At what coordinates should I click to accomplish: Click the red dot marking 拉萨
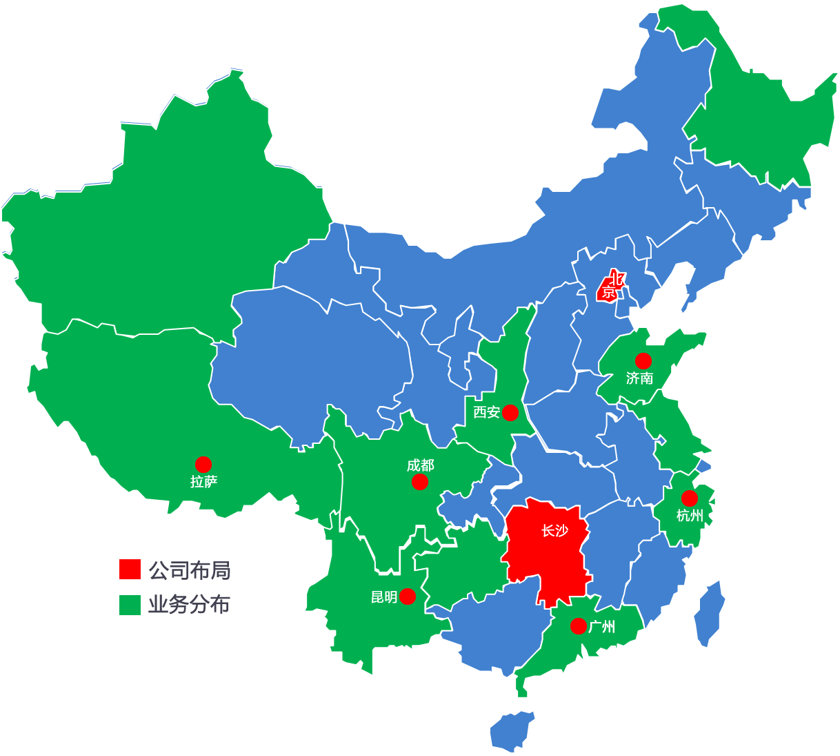203,464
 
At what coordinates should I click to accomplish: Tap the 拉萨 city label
203,482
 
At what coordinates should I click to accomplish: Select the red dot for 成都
419,482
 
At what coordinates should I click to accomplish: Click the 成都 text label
420,465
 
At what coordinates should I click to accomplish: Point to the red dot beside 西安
510,413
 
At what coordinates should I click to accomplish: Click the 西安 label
486,412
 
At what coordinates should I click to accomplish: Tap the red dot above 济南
643,360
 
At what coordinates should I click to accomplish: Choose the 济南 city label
639,378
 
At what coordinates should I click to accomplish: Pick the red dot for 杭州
689,498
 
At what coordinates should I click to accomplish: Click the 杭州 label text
689,516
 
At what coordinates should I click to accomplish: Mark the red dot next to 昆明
408,596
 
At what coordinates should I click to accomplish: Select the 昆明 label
384,597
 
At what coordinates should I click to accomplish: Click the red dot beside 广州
578,626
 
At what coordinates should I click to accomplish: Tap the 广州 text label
602,627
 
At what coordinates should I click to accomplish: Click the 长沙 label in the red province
554,530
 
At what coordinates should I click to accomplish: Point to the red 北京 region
609,287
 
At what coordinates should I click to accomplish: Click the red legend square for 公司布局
130,570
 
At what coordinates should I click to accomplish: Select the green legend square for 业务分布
130,605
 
